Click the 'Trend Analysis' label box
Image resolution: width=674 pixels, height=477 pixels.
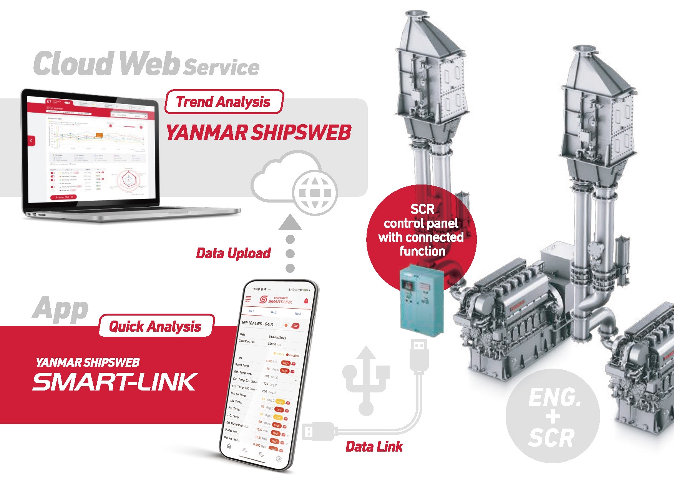(x=224, y=102)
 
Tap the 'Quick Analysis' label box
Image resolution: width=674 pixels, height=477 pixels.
(x=155, y=326)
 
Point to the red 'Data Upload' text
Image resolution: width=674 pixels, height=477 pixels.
(x=233, y=253)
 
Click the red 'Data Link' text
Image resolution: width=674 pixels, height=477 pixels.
(x=374, y=447)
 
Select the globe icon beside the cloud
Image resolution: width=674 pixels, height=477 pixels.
(x=314, y=193)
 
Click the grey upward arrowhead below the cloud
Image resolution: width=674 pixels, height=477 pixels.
(x=290, y=223)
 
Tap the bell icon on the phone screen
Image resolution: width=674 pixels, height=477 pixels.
(x=306, y=301)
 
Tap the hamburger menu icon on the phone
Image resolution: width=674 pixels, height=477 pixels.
(x=248, y=299)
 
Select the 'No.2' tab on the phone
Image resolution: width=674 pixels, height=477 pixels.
(x=274, y=312)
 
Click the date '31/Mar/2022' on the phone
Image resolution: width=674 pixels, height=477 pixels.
(x=277, y=337)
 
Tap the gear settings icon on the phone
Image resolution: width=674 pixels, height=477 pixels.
(x=279, y=459)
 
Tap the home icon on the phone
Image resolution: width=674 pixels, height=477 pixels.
(x=229, y=446)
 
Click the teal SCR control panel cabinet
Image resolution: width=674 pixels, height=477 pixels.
(x=422, y=300)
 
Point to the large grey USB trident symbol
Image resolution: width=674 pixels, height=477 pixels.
(x=366, y=381)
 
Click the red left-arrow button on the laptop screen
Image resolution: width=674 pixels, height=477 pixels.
(x=31, y=141)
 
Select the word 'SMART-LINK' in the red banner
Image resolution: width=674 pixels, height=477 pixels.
(x=115, y=382)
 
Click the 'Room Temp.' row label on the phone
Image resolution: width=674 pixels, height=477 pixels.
(x=242, y=365)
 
